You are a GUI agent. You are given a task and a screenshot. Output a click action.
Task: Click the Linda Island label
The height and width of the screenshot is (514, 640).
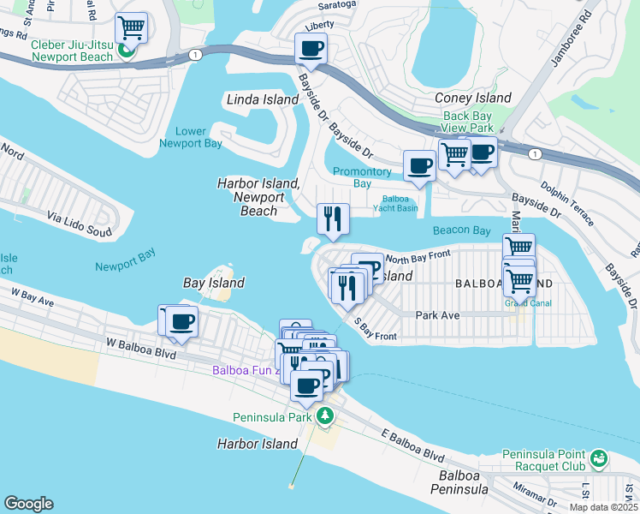(263, 99)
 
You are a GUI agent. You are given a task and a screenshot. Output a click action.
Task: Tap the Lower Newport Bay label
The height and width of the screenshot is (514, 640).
(190, 137)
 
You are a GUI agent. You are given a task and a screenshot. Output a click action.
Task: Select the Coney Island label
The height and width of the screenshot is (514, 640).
(473, 98)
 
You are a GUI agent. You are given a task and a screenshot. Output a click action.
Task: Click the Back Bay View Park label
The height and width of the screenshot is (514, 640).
(468, 122)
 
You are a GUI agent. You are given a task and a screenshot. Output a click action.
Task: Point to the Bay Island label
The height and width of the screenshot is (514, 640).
(214, 283)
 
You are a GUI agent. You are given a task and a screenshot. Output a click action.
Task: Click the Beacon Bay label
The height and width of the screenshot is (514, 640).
(462, 230)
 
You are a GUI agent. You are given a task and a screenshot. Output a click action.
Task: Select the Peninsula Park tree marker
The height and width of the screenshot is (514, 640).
(324, 416)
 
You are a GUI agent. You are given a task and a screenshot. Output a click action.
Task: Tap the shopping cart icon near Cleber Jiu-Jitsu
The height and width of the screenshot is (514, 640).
(131, 29)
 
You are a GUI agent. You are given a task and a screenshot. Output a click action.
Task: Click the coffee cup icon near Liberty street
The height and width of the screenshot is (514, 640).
(311, 48)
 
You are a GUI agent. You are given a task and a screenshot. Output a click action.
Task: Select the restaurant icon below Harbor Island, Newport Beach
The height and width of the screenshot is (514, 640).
(333, 219)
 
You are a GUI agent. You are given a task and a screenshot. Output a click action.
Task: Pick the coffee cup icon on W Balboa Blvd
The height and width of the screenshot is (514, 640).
(181, 322)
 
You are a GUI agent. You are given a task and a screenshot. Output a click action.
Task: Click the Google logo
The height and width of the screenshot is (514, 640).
(28, 503)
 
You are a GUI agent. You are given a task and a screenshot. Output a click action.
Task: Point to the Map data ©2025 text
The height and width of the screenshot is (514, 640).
(603, 507)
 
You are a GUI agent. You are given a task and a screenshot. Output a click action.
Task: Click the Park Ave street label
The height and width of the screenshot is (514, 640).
(437, 315)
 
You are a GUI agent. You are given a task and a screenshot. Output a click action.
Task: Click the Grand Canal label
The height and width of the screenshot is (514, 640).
(528, 302)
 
